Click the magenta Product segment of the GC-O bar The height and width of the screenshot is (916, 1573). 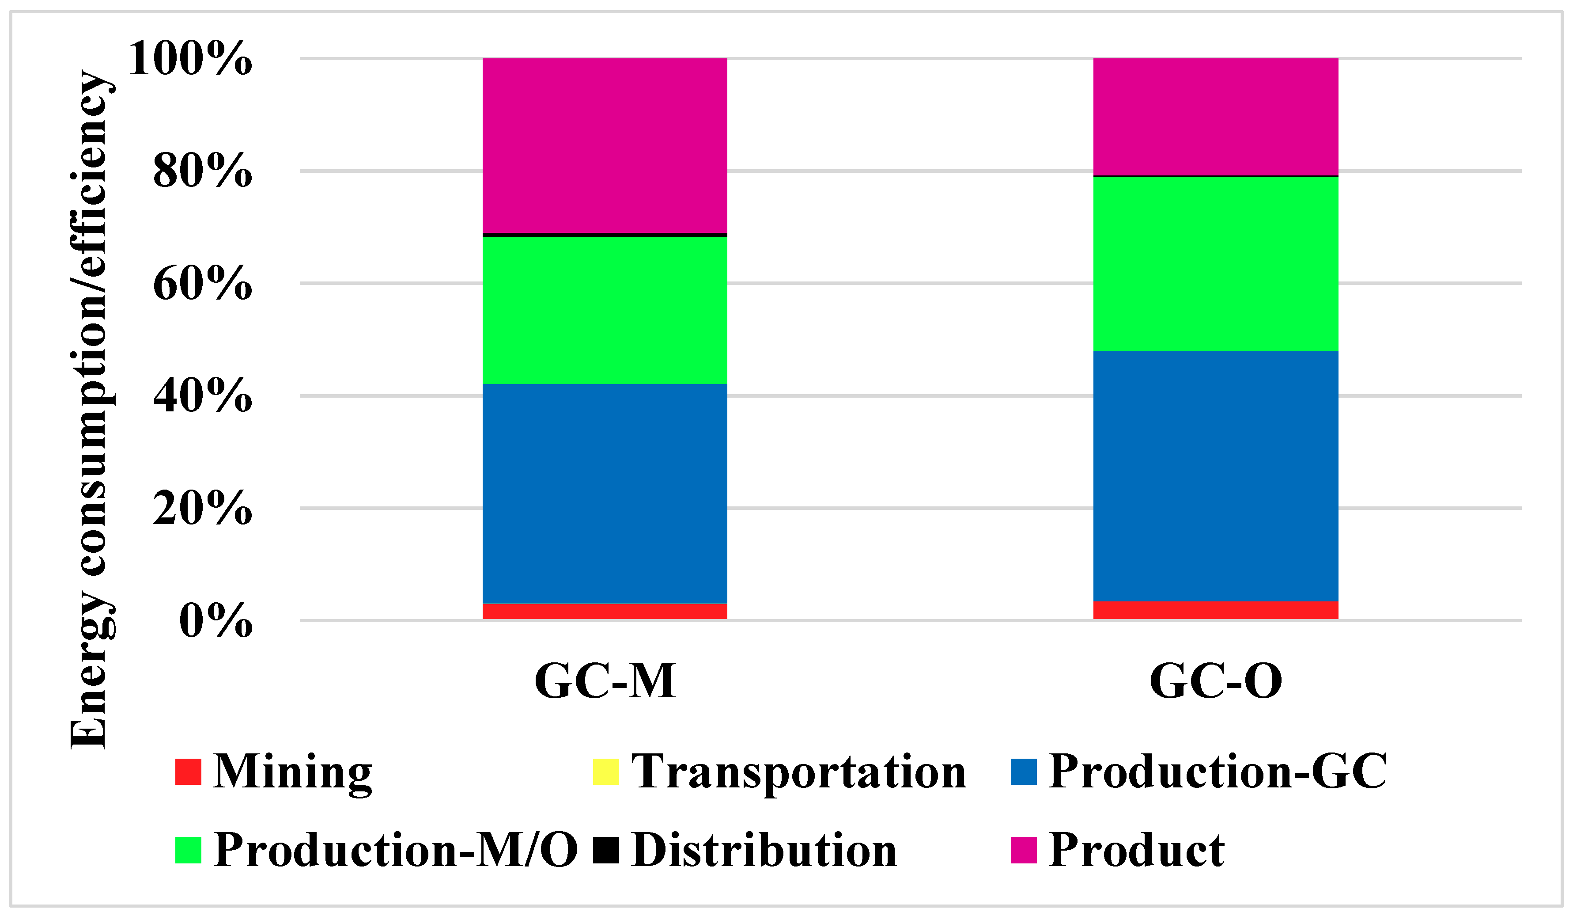[x=1215, y=117]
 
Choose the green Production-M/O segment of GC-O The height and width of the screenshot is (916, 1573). [x=1215, y=263]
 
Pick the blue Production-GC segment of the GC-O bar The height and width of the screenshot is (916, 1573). [x=1215, y=476]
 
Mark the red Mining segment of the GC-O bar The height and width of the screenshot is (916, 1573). [x=1215, y=610]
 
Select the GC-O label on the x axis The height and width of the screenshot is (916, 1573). [x=1215, y=680]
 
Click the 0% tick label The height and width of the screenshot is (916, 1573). [x=216, y=621]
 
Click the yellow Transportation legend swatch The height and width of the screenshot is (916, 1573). [x=605, y=772]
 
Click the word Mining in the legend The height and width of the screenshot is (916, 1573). [x=292, y=772]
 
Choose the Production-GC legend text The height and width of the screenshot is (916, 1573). [x=1217, y=772]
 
